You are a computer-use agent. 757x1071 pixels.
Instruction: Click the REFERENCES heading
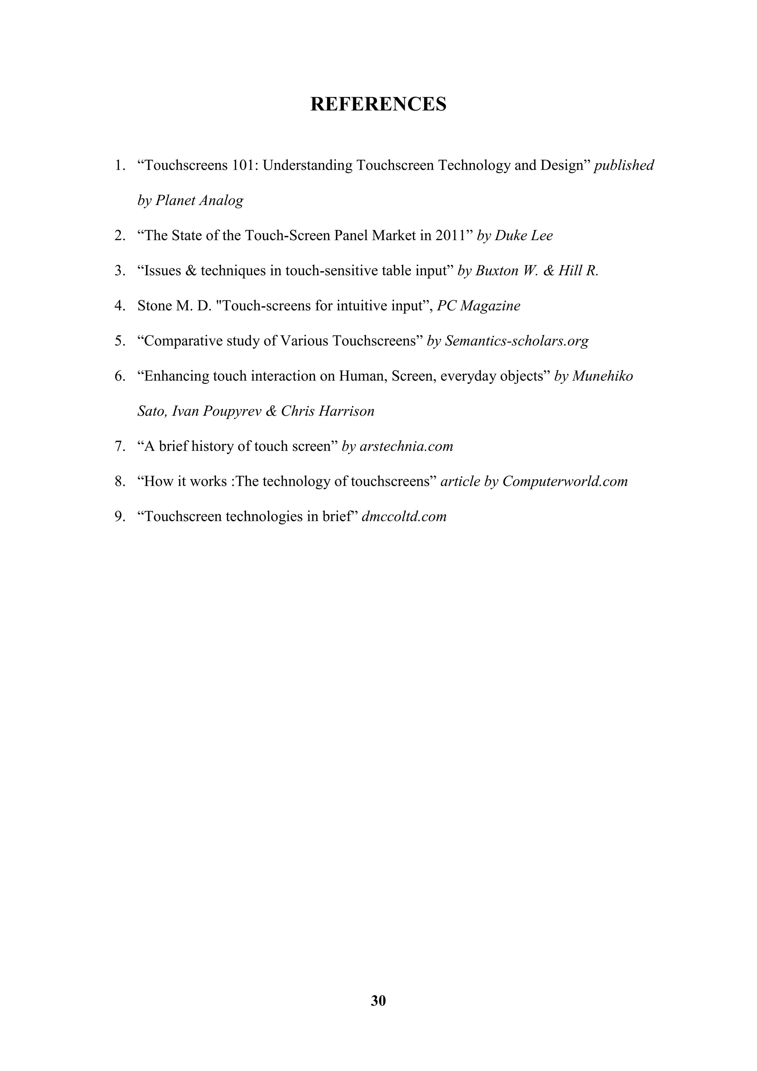378,104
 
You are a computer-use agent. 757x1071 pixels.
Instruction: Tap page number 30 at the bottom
378,1001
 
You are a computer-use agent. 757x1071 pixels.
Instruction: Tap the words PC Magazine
478,306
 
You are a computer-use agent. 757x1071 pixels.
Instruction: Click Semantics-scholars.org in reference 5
516,341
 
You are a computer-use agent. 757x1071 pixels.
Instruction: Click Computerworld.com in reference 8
565,482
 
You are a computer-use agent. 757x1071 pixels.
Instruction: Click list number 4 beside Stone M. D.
119,306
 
